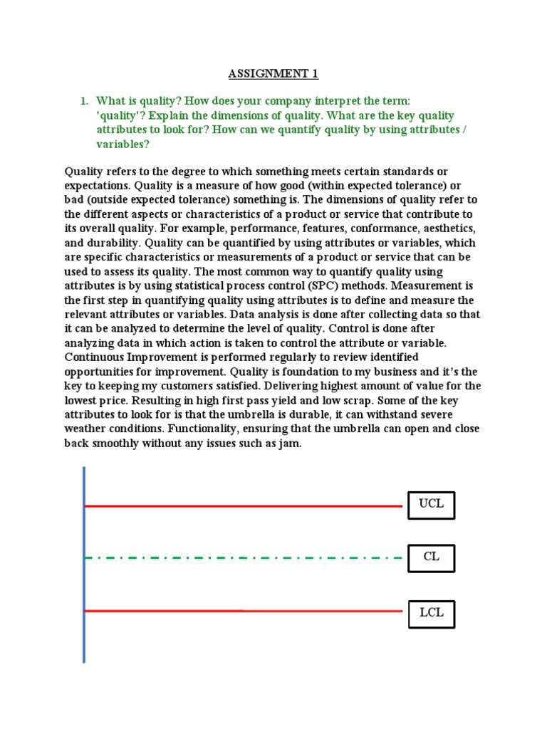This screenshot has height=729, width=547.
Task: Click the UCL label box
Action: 431,505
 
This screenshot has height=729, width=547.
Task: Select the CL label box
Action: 431,557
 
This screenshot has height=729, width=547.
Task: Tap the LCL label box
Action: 431,614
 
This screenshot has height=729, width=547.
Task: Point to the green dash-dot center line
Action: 242,557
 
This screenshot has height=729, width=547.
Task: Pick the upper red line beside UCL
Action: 242,506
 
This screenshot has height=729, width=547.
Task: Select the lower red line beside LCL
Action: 242,611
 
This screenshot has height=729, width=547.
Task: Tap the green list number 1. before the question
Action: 84,101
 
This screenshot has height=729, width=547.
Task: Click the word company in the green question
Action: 298,101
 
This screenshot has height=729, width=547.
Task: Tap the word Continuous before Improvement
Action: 93,357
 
